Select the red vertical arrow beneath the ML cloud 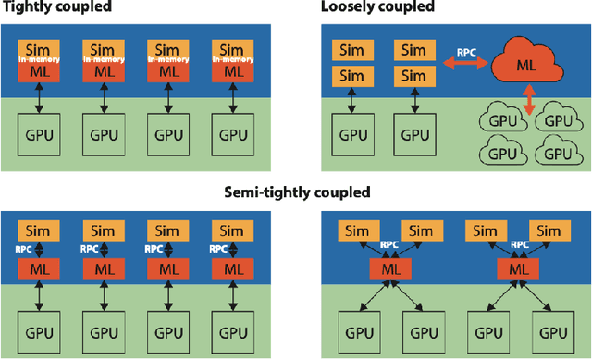point(528,102)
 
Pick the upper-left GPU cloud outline point(499,119)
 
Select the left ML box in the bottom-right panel point(388,268)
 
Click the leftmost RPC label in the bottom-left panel point(24,249)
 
